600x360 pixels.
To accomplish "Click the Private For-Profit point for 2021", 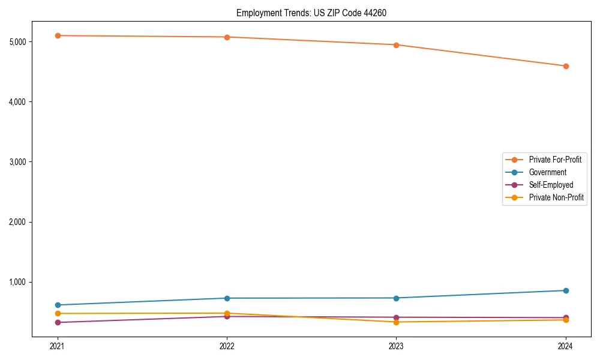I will (58, 35).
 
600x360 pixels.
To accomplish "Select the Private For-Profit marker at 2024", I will (566, 66).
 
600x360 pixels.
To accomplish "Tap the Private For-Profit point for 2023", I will (396, 45).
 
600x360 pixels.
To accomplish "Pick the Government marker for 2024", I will (566, 290).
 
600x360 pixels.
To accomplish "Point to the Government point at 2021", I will (58, 305).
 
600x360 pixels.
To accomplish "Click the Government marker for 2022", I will (227, 298).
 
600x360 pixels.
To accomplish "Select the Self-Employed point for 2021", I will (58, 322).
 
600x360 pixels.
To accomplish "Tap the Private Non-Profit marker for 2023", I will (396, 322).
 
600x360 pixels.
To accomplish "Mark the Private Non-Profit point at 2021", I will (58, 313).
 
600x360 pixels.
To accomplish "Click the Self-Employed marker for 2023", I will (396, 317).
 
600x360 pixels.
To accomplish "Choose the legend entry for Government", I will (547, 172).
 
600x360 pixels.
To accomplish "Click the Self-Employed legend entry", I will (551, 185).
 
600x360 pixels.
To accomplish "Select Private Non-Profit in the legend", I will (556, 197).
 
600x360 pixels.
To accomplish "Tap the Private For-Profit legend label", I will (555, 160).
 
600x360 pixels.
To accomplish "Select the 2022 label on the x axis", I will (227, 346).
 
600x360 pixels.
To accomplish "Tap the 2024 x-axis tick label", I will (566, 346).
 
